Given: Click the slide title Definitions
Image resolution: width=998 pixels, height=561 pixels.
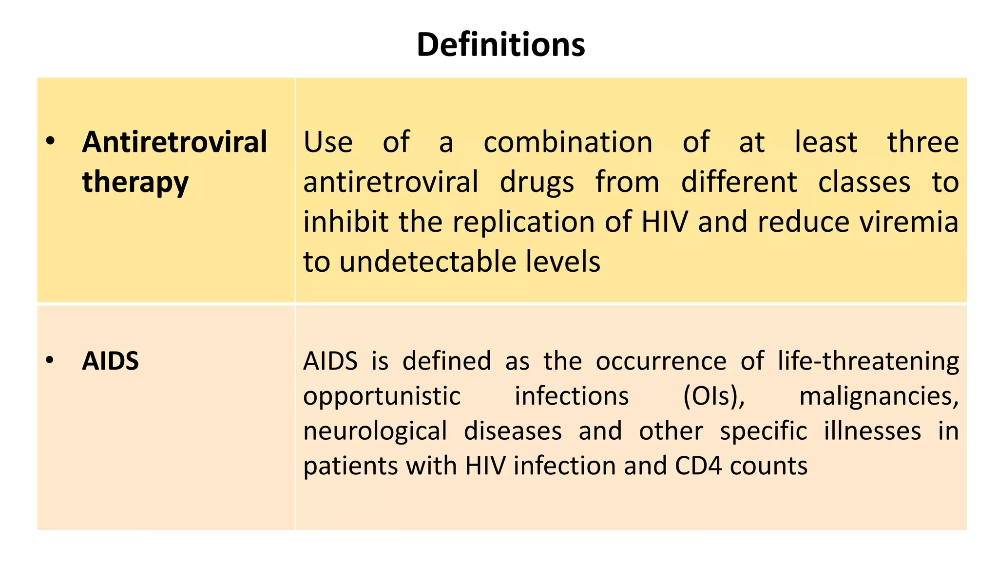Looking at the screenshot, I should [500, 44].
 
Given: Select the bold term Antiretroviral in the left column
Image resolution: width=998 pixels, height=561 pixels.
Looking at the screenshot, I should [174, 142].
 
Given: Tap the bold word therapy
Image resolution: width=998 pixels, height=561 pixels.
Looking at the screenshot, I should [135, 182].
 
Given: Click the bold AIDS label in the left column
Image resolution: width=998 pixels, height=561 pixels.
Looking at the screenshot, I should [110, 361].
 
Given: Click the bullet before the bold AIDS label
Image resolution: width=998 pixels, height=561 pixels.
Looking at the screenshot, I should [50, 361].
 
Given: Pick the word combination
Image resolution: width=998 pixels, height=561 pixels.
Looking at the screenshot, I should [568, 142].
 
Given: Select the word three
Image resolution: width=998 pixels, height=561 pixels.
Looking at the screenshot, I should [922, 142].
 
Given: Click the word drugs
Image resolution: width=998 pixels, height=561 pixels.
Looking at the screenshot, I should [537, 182].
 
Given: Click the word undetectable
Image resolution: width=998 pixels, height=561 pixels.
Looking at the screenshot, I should [428, 262].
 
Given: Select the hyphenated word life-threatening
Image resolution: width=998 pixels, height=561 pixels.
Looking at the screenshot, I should [868, 361].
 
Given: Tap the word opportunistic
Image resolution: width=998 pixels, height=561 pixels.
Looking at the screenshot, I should [382, 396].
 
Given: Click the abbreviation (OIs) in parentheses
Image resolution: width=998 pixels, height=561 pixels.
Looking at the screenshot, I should [714, 396].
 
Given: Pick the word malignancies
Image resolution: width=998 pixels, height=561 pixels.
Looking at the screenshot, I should [879, 396].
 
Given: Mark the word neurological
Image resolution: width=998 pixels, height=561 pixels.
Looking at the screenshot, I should [375, 431].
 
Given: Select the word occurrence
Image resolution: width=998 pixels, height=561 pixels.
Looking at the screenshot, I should [661, 361].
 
